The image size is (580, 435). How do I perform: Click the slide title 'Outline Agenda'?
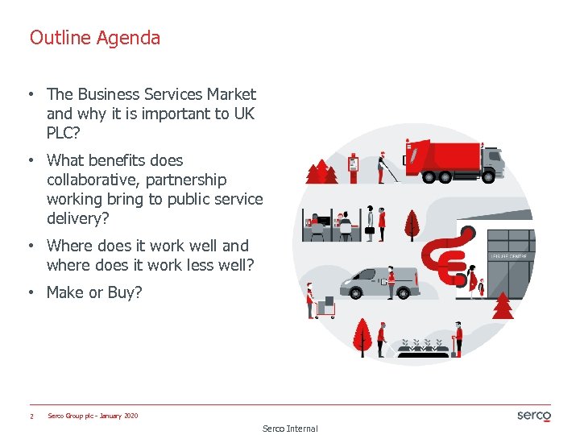tap(95, 38)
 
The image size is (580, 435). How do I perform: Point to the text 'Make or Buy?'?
tap(94, 292)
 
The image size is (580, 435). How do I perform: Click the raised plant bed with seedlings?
tap(424, 347)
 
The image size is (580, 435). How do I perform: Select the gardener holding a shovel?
tap(458, 339)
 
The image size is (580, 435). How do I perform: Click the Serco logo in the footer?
tap(533, 416)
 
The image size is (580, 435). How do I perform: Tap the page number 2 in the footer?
tap(31, 416)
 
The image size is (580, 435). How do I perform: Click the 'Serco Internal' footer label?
tap(290, 429)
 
